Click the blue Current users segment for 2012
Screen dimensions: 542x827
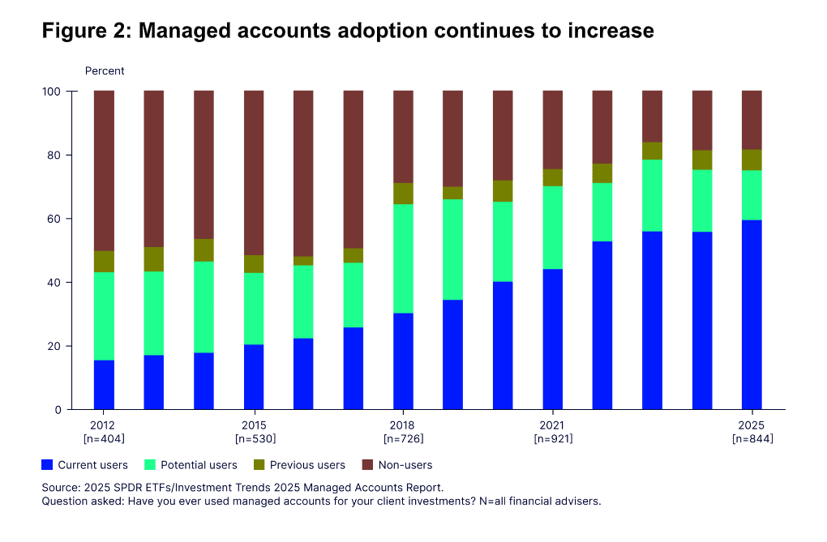point(104,385)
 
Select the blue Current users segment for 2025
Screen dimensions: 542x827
point(752,314)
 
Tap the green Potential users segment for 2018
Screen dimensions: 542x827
point(403,258)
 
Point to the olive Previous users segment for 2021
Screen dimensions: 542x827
point(553,177)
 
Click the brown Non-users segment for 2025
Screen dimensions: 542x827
point(752,120)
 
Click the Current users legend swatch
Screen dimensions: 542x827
point(47,465)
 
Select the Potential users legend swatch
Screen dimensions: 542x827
point(150,465)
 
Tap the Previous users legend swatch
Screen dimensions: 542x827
point(259,465)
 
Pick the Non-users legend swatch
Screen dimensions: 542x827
point(367,465)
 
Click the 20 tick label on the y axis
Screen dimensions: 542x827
point(57,346)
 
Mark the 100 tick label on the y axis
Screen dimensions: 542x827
point(54,92)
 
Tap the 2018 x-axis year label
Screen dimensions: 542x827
point(403,425)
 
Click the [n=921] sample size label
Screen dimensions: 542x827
point(553,439)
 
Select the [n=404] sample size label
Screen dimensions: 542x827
point(104,439)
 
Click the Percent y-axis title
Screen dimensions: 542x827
point(105,71)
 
